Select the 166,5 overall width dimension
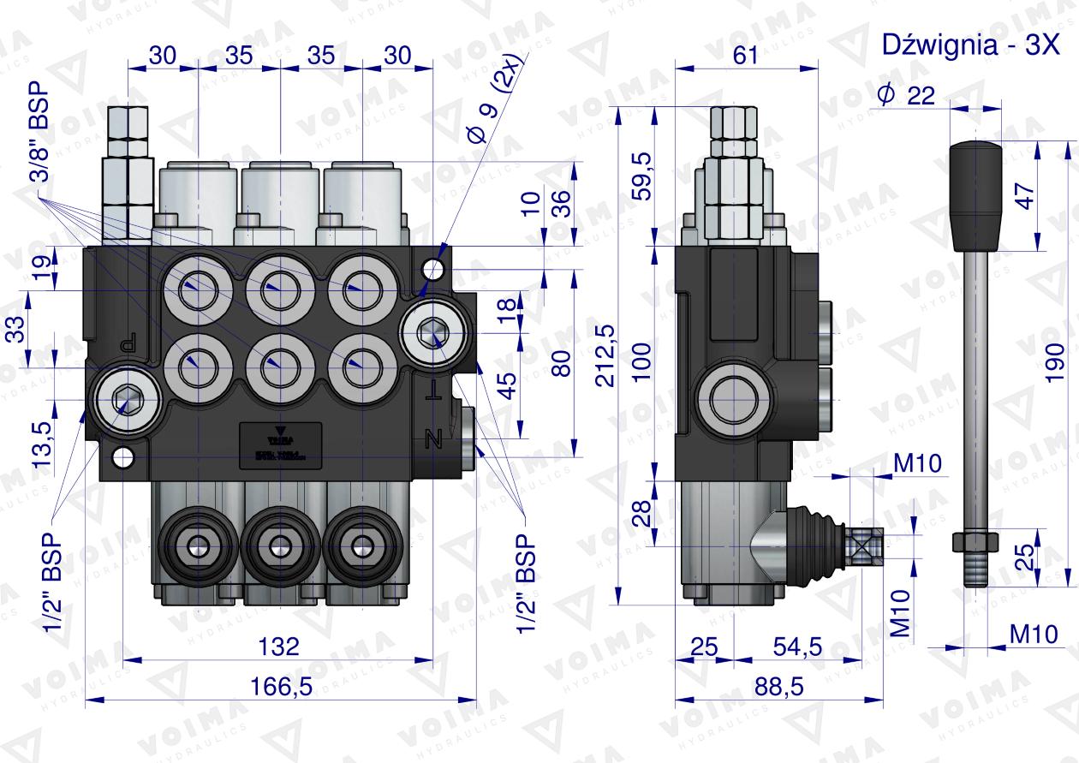click(x=278, y=686)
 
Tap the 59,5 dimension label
click(x=641, y=176)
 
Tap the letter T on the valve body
click(x=436, y=392)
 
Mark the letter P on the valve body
click(x=129, y=343)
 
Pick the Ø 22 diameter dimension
click(x=905, y=96)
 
